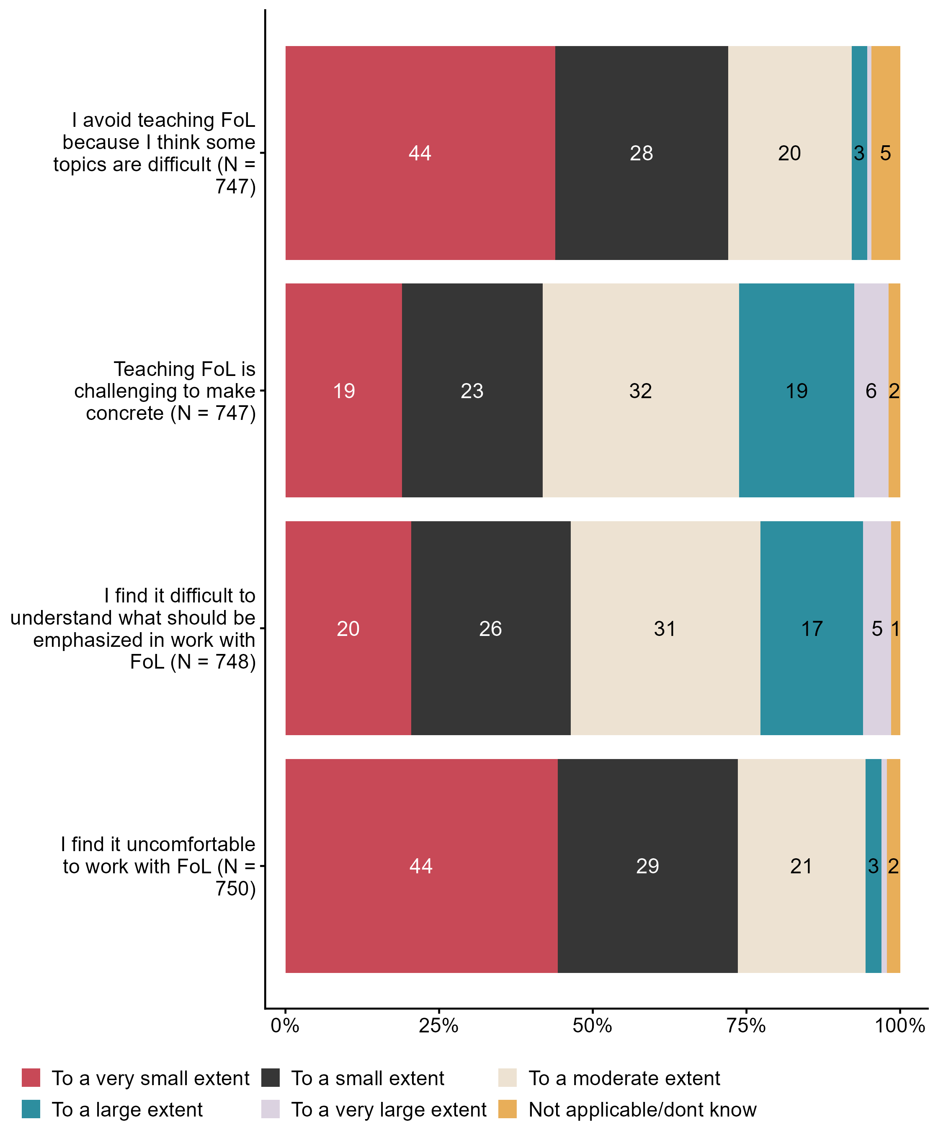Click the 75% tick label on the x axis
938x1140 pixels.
coord(746,1025)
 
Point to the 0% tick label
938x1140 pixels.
coord(285,1025)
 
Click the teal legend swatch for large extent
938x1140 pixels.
coord(31,1109)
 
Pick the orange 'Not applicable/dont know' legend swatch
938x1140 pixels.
coord(508,1109)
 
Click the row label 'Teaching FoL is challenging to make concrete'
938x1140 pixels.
coord(165,391)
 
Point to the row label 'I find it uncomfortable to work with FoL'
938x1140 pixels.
coord(158,866)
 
